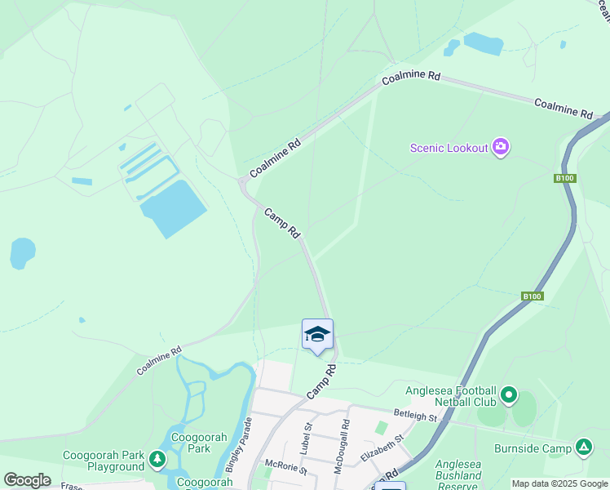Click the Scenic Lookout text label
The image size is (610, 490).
pos(449,148)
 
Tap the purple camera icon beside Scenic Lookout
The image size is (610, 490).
pos(501,147)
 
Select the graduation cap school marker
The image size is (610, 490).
pos(317,335)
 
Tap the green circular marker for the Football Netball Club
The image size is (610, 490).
pos(509,396)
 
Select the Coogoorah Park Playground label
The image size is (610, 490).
pos(104,461)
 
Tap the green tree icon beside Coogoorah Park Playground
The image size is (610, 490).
pos(157,461)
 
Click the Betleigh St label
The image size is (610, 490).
pos(416,416)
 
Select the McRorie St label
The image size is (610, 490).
pos(285,469)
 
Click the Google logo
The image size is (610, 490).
pos(27,480)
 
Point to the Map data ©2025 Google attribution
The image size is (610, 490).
pos(559,483)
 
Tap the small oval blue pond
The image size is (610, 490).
pos(22,253)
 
